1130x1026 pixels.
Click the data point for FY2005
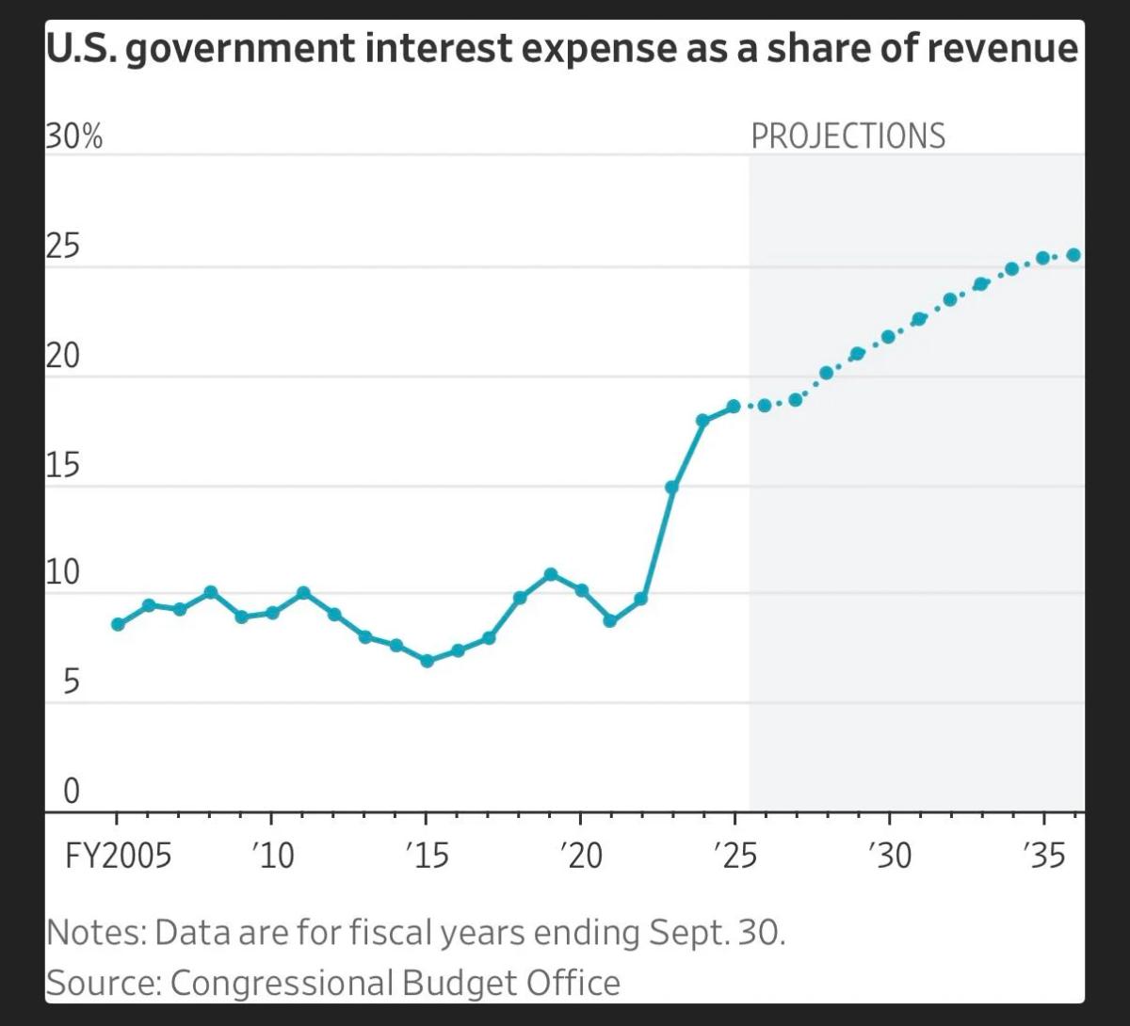coord(118,624)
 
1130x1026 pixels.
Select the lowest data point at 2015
coord(427,661)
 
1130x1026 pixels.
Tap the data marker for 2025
coord(734,407)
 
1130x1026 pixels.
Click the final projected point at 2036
coord(1073,255)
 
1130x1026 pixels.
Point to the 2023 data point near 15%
coord(671,488)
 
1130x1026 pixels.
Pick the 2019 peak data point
coord(551,574)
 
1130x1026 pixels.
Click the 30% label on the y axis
coord(73,137)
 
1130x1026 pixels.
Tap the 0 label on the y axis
coord(72,793)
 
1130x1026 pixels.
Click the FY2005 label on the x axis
coord(118,857)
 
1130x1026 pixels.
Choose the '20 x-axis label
coord(580,857)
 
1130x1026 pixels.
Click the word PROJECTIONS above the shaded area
coord(847,136)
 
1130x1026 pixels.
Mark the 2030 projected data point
coord(888,337)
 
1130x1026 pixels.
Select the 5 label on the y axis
coord(72,684)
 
